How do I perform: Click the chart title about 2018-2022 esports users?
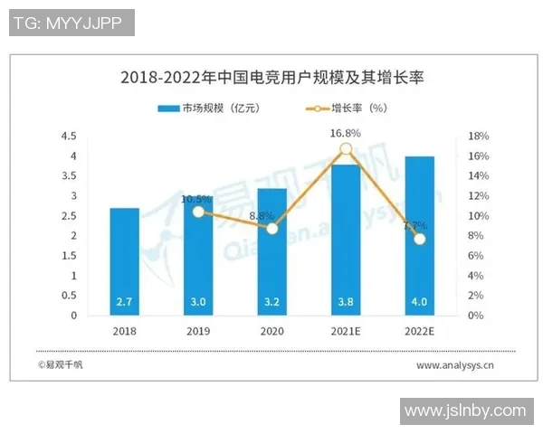click(x=271, y=78)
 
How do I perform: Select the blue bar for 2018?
click(x=125, y=262)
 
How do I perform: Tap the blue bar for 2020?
click(x=271, y=253)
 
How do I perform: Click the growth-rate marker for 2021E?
click(x=346, y=149)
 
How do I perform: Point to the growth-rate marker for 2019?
click(x=199, y=212)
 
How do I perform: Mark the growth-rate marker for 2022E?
click(x=419, y=239)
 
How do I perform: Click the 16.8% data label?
click(x=346, y=133)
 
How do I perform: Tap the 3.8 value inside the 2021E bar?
click(x=346, y=301)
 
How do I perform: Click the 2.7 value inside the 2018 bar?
click(x=125, y=301)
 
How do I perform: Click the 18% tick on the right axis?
click(x=480, y=137)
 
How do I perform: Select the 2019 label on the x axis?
click(x=199, y=332)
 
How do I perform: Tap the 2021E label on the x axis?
click(x=346, y=332)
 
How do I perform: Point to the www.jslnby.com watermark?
click(x=464, y=411)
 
